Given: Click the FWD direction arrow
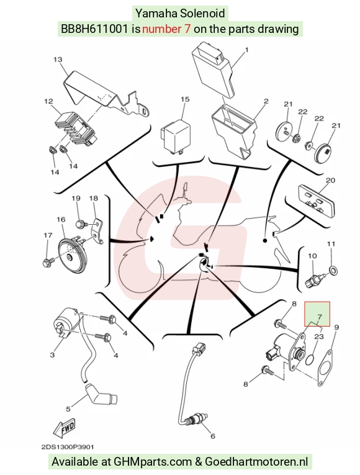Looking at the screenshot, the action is [64, 428].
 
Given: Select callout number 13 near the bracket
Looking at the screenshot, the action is [58, 60].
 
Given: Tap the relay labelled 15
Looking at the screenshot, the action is [176, 137].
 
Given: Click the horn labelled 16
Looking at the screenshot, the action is [73, 253].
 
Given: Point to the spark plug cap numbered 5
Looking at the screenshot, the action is [101, 394].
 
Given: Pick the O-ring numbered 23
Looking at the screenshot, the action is [310, 360].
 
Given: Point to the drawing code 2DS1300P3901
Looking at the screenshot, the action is [68, 447].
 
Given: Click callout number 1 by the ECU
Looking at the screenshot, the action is [246, 50].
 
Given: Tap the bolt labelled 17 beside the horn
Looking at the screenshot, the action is [49, 261].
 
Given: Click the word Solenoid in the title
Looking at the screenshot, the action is [202, 13].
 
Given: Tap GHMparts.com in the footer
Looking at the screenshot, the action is [153, 462].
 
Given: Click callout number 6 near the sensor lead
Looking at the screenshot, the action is [212, 436].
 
